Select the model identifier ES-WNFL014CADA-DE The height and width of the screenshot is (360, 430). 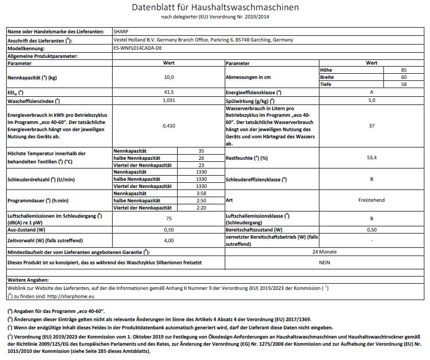(x=137, y=48)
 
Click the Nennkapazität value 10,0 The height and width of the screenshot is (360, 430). (x=169, y=77)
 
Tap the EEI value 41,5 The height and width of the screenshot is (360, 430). (x=169, y=92)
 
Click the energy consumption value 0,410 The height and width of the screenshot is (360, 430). (x=169, y=126)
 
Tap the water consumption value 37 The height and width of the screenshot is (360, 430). (x=372, y=126)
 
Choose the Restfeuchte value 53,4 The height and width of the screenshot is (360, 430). (x=372, y=158)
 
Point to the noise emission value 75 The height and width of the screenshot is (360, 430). (x=169, y=219)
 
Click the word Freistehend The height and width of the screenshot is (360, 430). (x=372, y=200)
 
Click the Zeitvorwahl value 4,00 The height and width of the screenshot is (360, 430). (x=169, y=240)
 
